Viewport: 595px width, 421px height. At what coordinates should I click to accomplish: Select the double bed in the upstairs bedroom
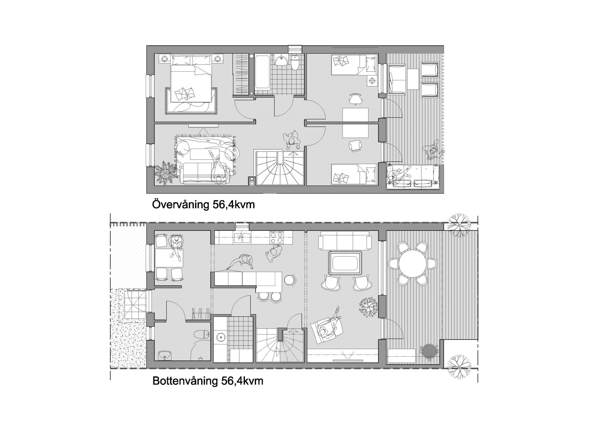191,78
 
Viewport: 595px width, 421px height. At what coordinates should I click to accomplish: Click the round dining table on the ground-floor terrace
413,264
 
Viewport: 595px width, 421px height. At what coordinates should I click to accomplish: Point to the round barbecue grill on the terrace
429,352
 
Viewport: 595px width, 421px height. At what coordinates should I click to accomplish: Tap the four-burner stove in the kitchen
276,238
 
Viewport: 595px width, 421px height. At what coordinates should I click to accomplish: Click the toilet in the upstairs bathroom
295,63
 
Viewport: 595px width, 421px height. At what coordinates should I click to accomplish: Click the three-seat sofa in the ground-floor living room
345,240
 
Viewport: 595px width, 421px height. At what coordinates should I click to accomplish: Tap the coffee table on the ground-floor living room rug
345,263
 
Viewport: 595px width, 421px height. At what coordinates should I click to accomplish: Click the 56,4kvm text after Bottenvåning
242,381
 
